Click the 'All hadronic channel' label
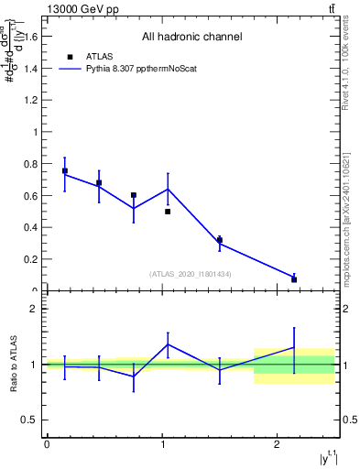191,38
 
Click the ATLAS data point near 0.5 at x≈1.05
168,212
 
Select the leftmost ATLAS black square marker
64,171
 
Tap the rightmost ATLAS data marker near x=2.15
294,279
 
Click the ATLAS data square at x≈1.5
220,240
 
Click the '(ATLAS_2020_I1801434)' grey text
191,274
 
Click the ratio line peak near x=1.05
168,344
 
